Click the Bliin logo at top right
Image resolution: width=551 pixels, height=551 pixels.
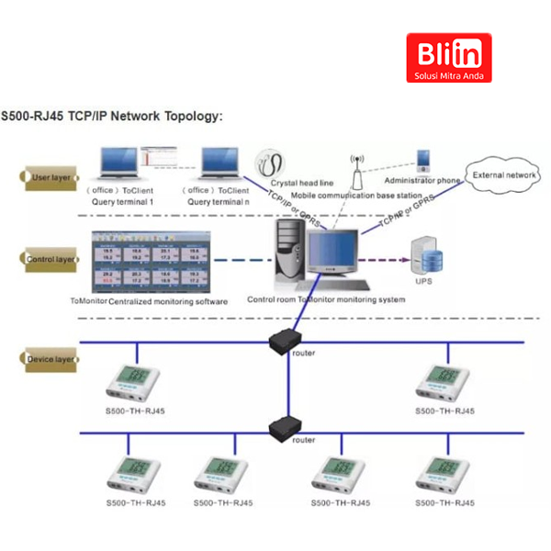[448, 58]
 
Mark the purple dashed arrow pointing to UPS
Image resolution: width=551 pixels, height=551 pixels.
[384, 259]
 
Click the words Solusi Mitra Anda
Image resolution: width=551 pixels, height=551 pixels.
[448, 73]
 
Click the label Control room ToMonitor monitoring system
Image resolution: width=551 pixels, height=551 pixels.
[326, 300]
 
